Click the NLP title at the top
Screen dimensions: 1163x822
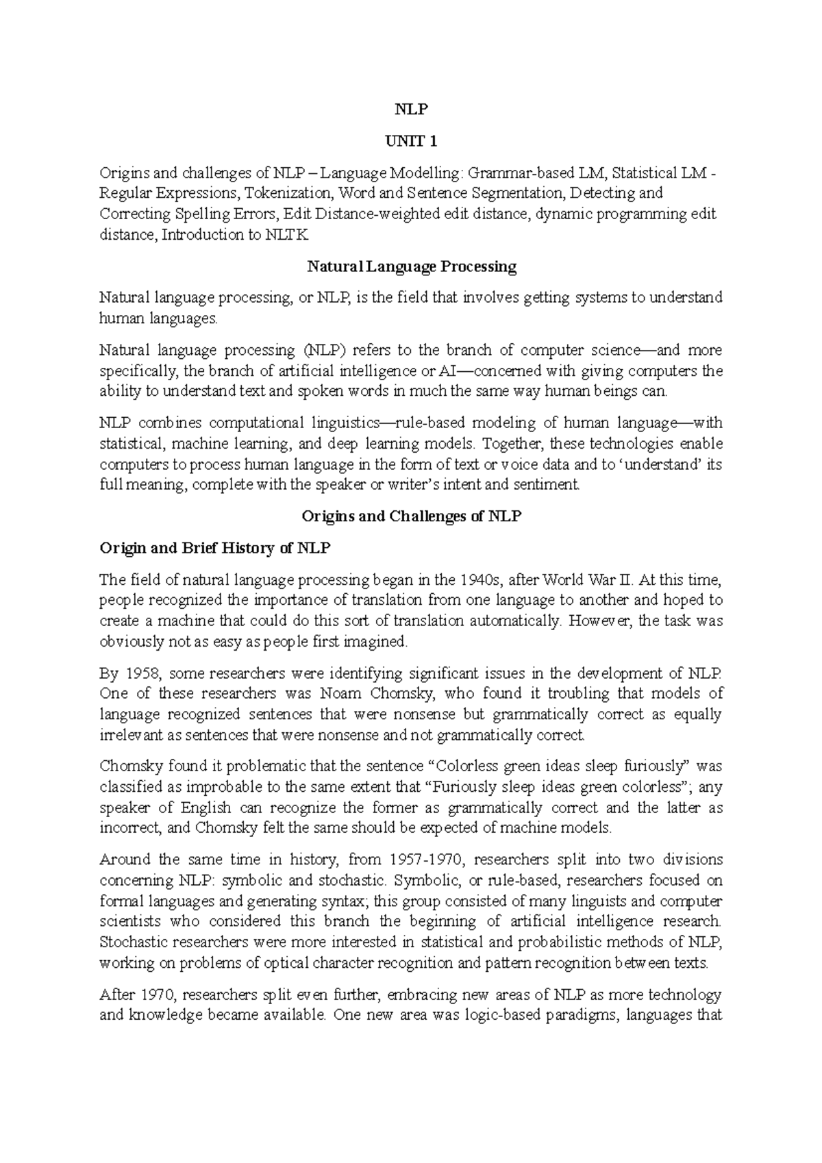point(411,110)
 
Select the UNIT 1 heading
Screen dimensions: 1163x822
point(411,142)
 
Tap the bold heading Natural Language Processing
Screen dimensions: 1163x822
point(411,266)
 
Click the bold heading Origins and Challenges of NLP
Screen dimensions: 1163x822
point(411,516)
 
